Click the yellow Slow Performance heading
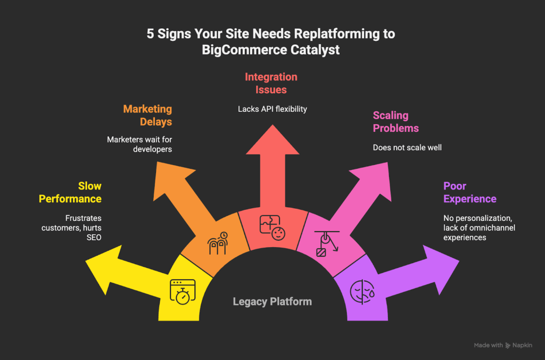pos(75,192)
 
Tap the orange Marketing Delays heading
pos(147,115)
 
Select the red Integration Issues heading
pos(271,83)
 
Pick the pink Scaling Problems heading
pos(395,121)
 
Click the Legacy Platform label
pos(272,302)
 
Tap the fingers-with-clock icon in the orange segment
pos(217,243)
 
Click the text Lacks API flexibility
pos(272,109)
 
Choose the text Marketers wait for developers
pos(139,144)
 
